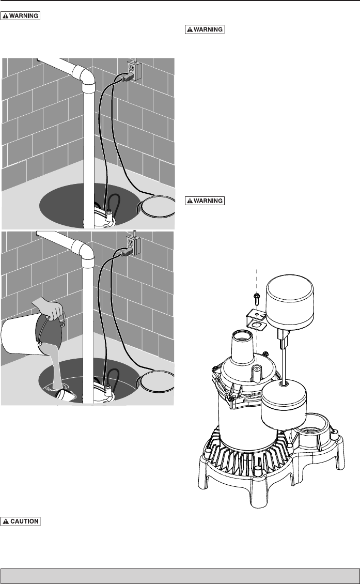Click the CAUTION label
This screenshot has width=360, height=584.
(21, 521)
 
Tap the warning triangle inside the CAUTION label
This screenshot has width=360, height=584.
(6, 521)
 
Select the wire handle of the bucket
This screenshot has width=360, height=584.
(52, 328)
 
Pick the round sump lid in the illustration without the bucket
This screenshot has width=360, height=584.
(156, 206)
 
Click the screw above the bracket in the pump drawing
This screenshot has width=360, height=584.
(257, 297)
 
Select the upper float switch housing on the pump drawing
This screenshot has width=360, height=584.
(290, 304)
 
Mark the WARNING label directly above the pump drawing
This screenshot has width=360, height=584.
(205, 201)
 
